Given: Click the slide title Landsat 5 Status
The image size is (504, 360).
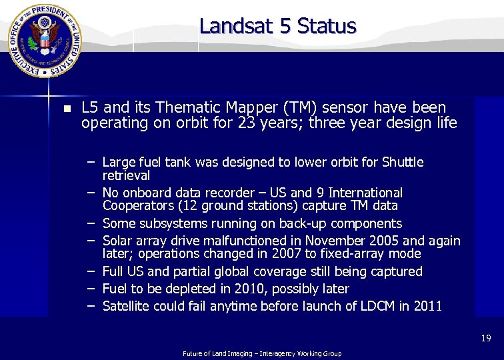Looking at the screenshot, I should (278, 26).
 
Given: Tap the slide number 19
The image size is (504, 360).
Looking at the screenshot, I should (485, 339).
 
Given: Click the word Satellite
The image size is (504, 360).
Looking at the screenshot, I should (126, 306).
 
